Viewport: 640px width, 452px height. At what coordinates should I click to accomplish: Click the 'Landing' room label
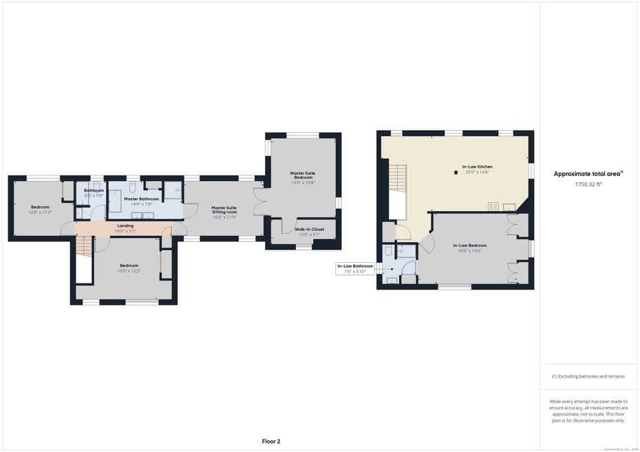click(125, 225)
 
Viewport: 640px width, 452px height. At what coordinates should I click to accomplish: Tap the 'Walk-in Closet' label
click(309, 229)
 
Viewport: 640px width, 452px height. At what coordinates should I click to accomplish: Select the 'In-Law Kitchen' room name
click(477, 166)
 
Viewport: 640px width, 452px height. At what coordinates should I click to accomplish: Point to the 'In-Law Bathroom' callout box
click(355, 268)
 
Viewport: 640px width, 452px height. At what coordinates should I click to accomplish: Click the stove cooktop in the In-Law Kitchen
click(493, 206)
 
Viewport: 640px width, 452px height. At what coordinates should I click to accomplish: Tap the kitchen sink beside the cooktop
click(510, 206)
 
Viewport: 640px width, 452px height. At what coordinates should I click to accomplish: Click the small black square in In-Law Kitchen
click(456, 173)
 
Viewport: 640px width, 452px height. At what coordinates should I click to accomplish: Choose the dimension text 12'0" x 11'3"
click(40, 212)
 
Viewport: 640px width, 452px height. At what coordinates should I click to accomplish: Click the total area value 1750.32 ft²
click(588, 184)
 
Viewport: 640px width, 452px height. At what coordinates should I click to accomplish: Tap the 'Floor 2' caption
click(271, 441)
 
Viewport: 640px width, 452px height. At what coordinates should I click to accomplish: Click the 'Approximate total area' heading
click(588, 174)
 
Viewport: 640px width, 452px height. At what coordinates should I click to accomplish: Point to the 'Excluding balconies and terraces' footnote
click(588, 376)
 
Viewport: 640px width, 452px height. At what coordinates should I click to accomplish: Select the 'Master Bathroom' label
click(141, 199)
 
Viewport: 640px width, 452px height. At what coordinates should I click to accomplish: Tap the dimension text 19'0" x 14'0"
click(470, 251)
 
